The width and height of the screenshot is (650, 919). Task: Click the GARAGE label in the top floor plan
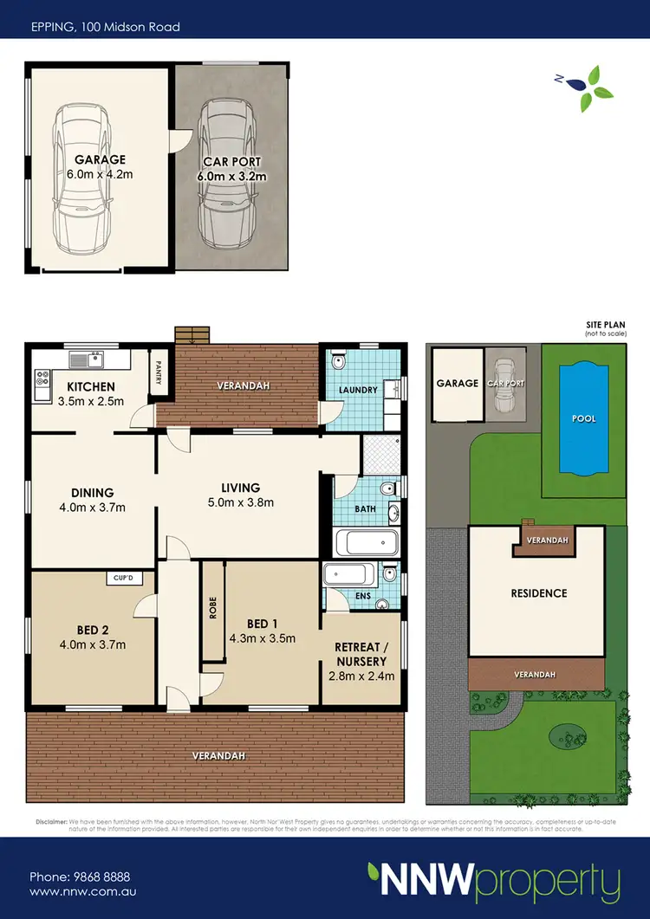(100, 159)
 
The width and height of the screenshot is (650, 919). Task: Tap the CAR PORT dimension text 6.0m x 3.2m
(232, 176)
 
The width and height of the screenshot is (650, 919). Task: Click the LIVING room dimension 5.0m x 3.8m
(240, 502)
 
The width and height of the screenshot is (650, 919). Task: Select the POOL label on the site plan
(584, 418)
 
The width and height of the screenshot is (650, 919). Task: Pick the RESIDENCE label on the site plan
(538, 593)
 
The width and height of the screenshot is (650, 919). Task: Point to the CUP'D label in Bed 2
(120, 578)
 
